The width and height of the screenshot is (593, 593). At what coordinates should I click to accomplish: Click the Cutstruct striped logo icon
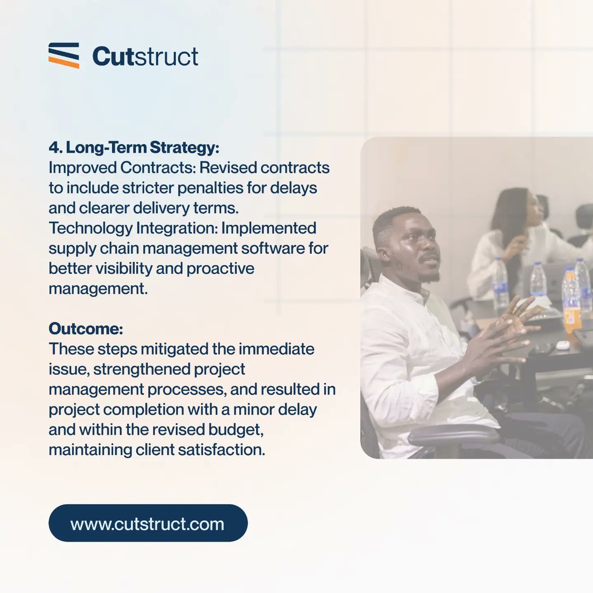[x=64, y=55]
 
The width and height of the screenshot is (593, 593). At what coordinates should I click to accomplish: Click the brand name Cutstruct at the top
[x=145, y=56]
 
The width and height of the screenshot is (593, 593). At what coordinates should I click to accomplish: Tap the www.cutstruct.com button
[x=148, y=523]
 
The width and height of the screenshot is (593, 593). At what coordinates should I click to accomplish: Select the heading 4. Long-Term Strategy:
[x=133, y=147]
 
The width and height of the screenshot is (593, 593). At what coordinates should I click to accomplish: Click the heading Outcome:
[x=85, y=329]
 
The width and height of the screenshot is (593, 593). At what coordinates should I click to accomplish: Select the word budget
[x=236, y=430]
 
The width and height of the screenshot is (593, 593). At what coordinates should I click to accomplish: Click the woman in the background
[x=514, y=232]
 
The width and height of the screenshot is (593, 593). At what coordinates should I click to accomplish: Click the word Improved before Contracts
[x=82, y=168]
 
